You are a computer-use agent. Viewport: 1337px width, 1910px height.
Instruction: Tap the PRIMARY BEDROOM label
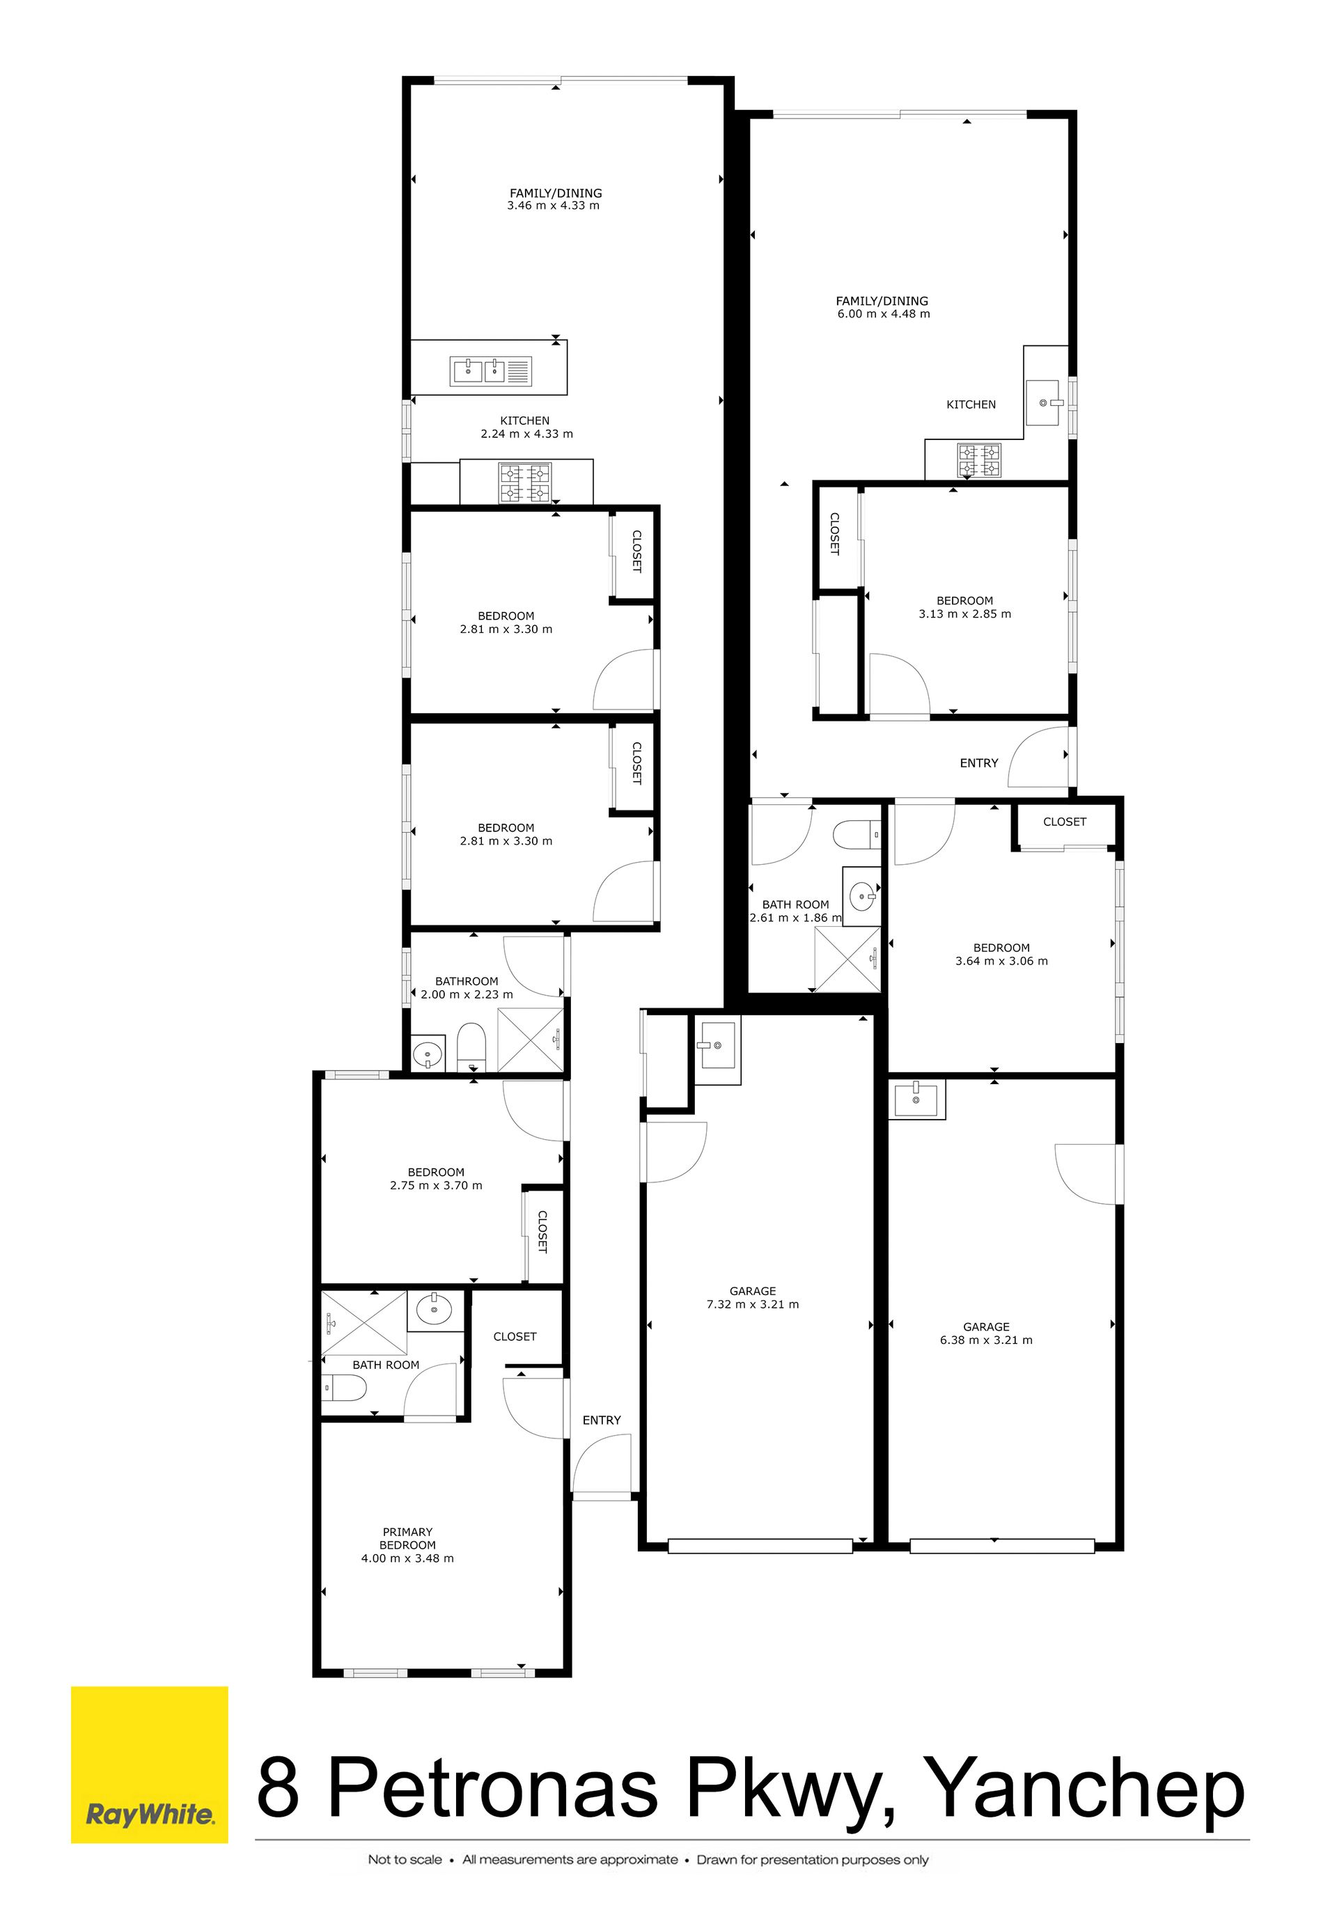407,1538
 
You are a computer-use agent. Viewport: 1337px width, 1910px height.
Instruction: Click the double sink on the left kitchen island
479,371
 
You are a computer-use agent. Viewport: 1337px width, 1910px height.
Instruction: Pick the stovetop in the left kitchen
524,483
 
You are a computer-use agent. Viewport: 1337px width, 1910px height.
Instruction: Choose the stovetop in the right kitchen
978,462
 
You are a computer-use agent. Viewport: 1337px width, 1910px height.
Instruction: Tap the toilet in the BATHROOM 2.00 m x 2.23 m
471,1048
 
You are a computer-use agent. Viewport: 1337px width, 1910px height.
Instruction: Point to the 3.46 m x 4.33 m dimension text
554,205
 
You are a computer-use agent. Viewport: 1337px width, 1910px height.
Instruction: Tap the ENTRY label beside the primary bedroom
602,1420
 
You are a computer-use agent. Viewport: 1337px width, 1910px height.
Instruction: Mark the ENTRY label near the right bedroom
978,763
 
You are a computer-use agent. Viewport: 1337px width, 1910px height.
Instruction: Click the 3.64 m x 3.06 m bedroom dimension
1002,961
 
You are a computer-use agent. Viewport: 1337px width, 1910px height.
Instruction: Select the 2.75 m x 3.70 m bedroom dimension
436,1185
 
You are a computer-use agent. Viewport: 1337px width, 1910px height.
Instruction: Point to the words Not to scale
405,1859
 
